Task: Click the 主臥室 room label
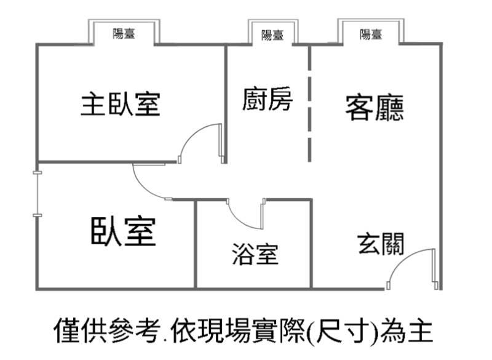[x=121, y=105]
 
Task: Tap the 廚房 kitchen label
[x=267, y=100]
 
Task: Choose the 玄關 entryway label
[x=381, y=244]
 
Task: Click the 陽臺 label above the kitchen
[x=272, y=36]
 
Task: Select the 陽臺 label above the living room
[x=371, y=34]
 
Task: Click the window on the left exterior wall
[x=37, y=194]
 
